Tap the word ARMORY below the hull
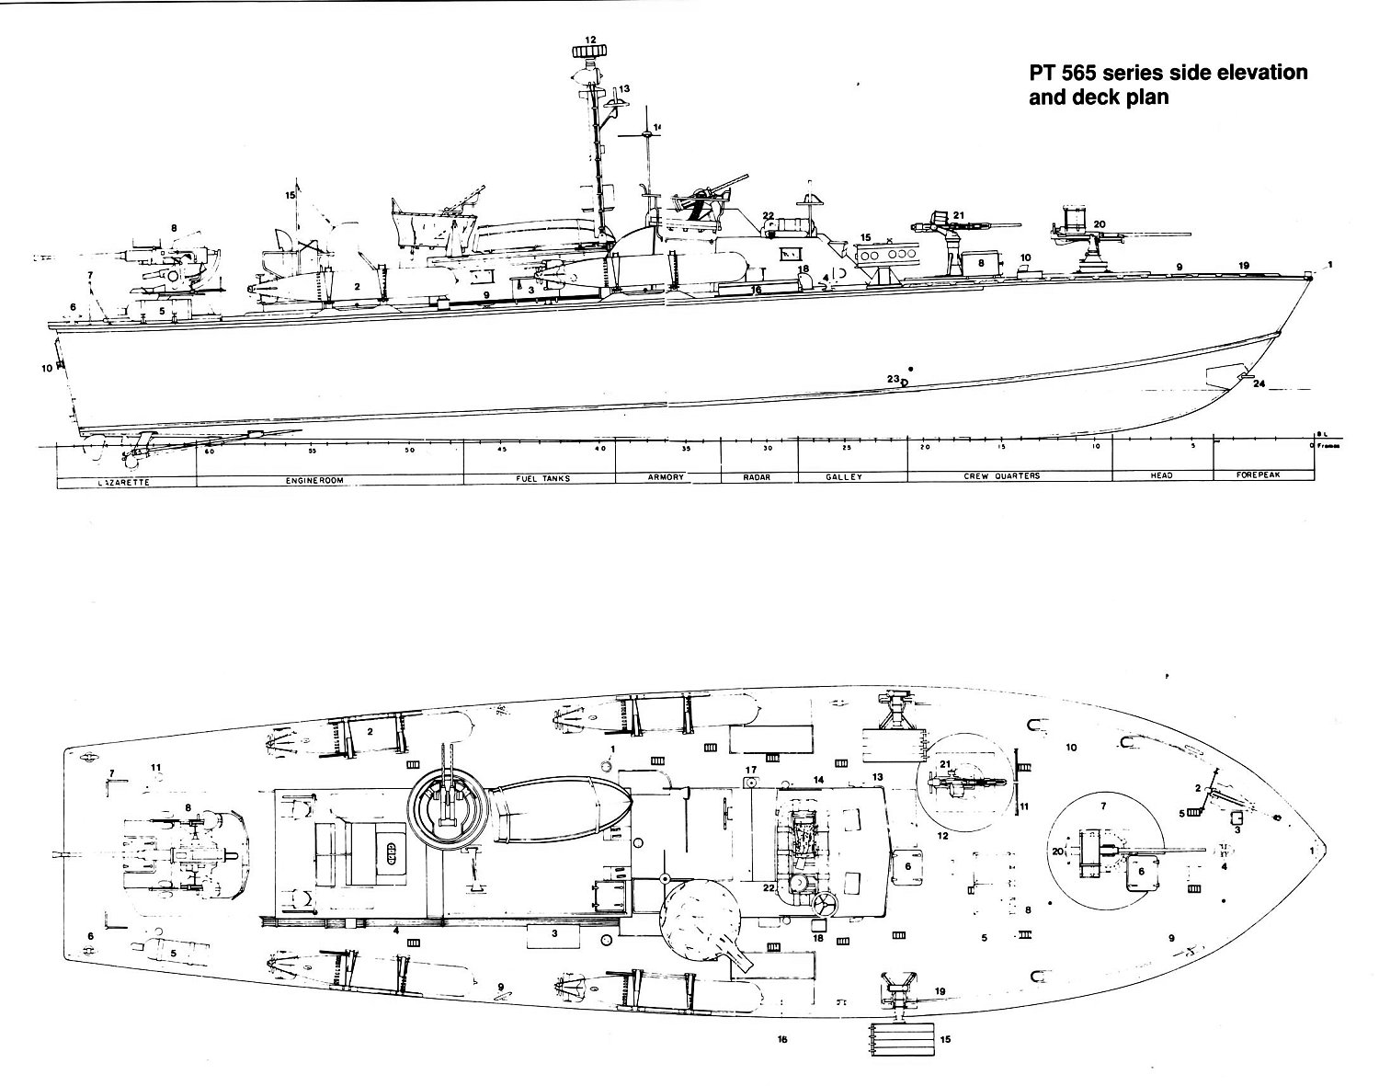666,477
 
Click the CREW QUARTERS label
1002,476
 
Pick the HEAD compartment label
1162,475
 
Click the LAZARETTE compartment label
122,481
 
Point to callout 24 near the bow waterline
1259,383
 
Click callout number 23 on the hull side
892,379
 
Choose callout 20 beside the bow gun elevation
1099,223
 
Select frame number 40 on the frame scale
599,449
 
